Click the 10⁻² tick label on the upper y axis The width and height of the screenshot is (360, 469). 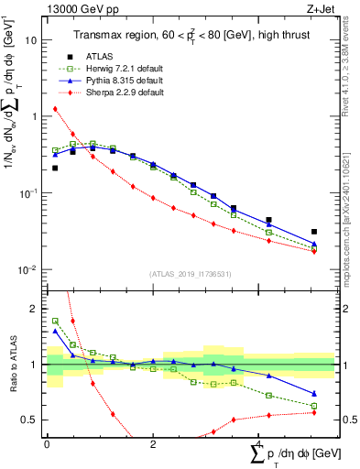click(x=28, y=270)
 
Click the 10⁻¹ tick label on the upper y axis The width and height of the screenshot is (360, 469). click(x=28, y=193)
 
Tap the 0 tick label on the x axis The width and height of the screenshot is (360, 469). click(x=47, y=443)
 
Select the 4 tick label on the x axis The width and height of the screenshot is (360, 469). click(x=259, y=443)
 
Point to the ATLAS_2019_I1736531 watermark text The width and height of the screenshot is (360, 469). click(x=190, y=275)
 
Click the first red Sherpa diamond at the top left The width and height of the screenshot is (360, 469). click(x=55, y=109)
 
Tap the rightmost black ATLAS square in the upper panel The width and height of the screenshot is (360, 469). click(x=314, y=233)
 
